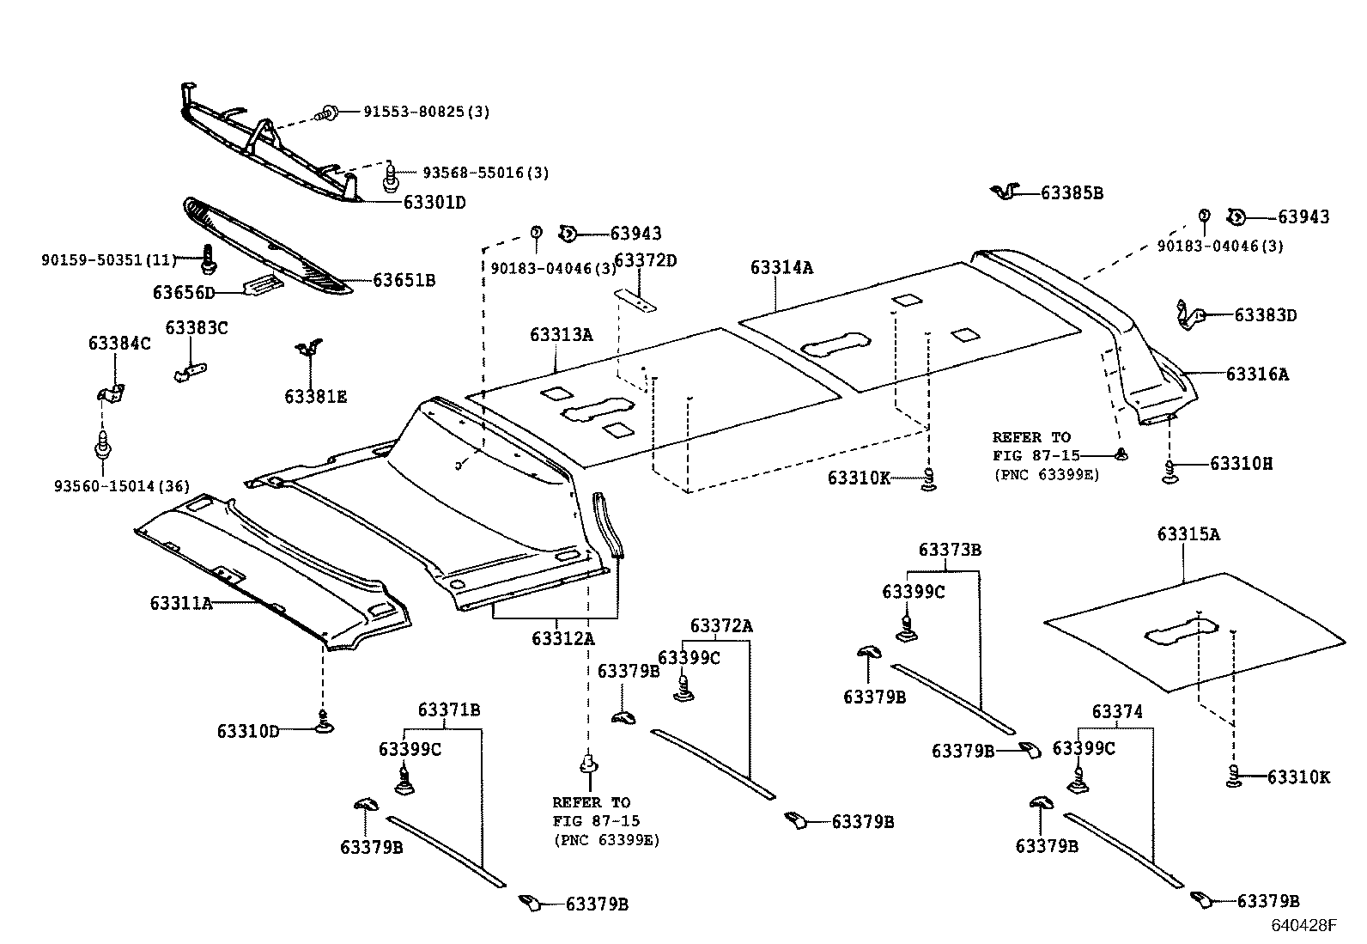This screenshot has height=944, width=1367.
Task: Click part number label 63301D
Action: [x=434, y=203]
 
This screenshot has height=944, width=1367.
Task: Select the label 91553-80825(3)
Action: [x=426, y=112]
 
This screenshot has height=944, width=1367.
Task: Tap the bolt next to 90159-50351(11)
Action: [x=207, y=254]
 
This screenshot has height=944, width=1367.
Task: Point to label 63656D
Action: [x=184, y=293]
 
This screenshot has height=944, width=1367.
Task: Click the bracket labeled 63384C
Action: [x=112, y=393]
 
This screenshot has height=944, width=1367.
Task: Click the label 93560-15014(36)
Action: [x=121, y=487]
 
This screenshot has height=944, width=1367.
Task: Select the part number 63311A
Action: [x=181, y=603]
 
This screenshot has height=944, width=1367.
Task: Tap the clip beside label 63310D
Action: [x=324, y=727]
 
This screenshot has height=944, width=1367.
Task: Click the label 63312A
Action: [x=562, y=638]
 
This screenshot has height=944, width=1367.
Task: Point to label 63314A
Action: [x=781, y=268]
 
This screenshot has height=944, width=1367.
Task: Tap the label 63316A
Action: [x=1256, y=375]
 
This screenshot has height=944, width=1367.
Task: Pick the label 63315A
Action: [x=1188, y=534]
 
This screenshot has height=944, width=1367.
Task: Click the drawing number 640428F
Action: [x=1304, y=925]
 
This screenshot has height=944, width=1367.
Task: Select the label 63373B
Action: [x=949, y=550]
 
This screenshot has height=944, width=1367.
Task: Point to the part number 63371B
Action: [x=448, y=710]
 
